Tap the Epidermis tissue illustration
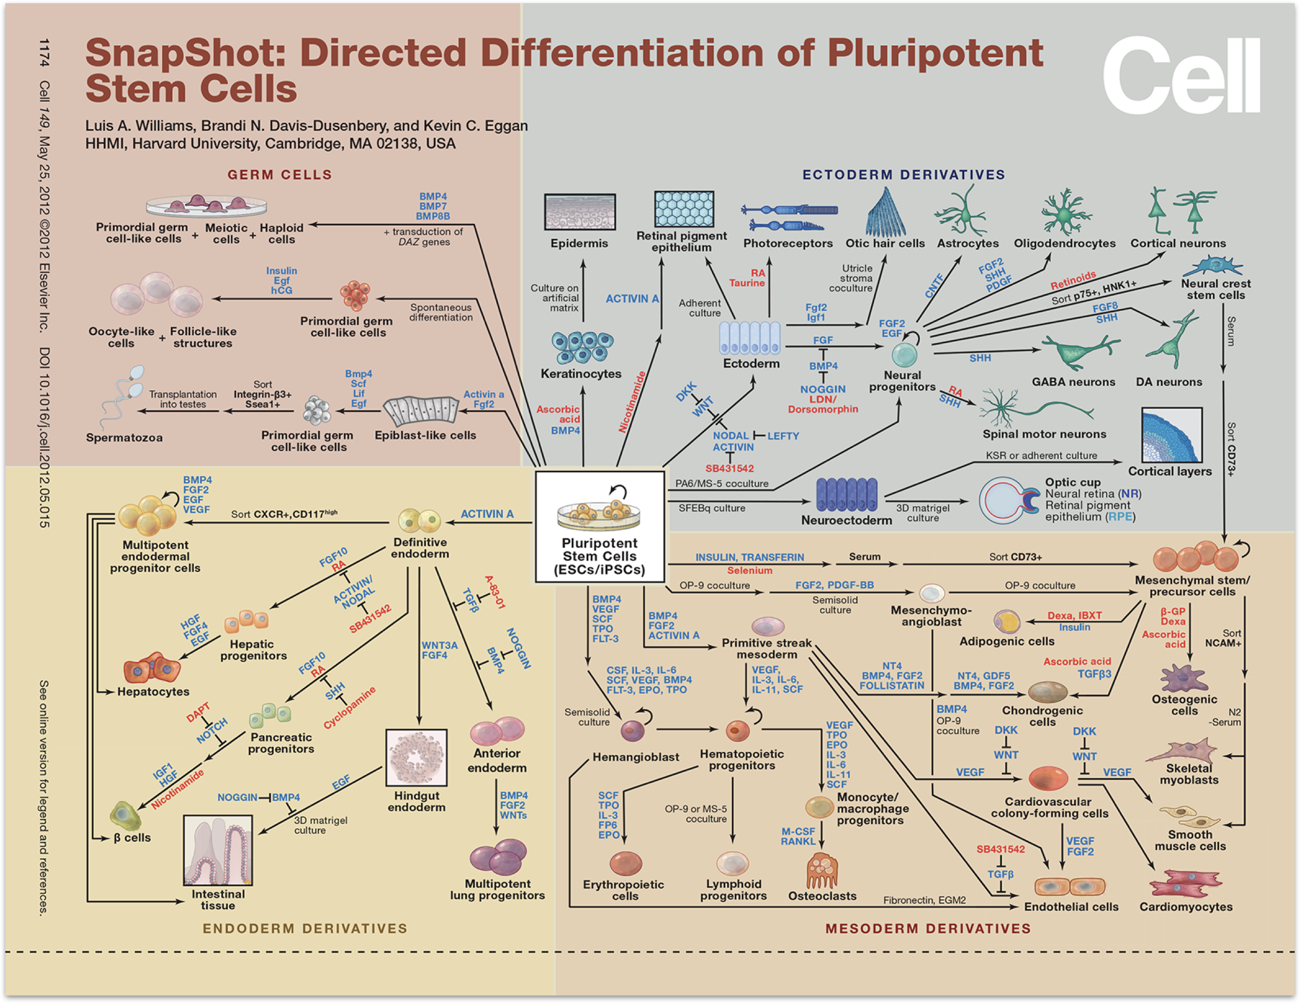click(580, 212)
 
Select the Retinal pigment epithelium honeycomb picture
click(684, 209)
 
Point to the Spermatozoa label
click(124, 438)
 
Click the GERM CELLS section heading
click(280, 175)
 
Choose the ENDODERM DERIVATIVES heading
click(305, 928)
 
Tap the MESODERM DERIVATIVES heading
click(928, 928)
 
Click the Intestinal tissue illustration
click(218, 850)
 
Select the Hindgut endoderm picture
click(416, 758)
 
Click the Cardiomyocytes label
click(1185, 907)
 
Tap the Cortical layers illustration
click(1172, 435)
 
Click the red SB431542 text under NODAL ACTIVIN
click(730, 469)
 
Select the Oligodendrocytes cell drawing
click(1065, 213)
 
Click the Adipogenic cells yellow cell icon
click(1006, 622)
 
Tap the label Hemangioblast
click(636, 757)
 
